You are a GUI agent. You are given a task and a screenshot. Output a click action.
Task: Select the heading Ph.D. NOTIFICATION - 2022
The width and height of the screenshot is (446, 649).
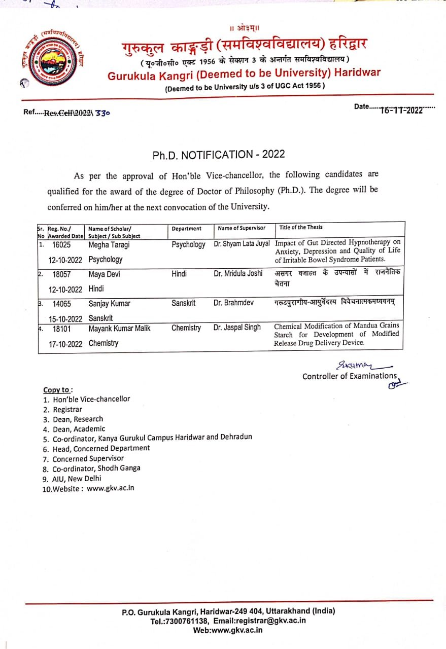(219, 155)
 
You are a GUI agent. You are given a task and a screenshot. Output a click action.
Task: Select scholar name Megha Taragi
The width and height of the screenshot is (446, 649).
(109, 245)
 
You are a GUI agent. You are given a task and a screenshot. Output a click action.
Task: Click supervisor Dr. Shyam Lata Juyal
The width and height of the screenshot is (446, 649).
(242, 244)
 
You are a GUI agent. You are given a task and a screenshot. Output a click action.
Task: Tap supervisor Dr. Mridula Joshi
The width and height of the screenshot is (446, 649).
(238, 273)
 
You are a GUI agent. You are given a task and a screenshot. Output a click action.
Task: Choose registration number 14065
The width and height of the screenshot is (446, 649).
(62, 304)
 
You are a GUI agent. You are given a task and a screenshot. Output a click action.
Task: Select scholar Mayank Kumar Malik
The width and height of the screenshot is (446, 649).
(119, 328)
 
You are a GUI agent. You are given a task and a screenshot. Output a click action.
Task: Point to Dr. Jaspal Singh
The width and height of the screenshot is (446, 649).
(237, 328)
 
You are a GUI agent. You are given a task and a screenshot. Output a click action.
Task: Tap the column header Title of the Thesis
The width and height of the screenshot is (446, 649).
(300, 227)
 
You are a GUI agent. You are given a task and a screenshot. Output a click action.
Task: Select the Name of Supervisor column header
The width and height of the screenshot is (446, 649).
(241, 228)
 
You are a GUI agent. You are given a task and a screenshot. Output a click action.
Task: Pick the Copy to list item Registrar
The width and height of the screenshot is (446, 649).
(67, 409)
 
